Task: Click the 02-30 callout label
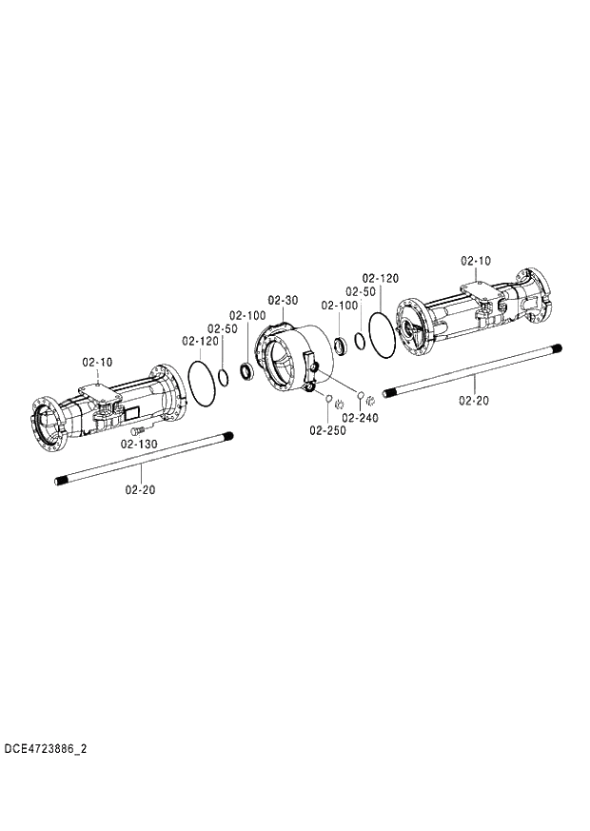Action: pyautogui.click(x=283, y=300)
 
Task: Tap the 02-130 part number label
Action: pyautogui.click(x=139, y=444)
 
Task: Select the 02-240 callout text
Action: pyautogui.click(x=360, y=417)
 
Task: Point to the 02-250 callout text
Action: pyautogui.click(x=327, y=430)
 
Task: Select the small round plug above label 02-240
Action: pyautogui.click(x=361, y=392)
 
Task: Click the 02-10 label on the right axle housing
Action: pyautogui.click(x=476, y=260)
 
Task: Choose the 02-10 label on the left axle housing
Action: pyautogui.click(x=97, y=362)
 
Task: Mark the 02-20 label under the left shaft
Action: pyautogui.click(x=140, y=489)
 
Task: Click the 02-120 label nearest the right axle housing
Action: pyautogui.click(x=380, y=278)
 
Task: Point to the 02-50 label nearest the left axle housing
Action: pyautogui.click(x=222, y=327)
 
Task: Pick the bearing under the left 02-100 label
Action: pyautogui.click(x=246, y=370)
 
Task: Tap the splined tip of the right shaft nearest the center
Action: pyautogui.click(x=388, y=391)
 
